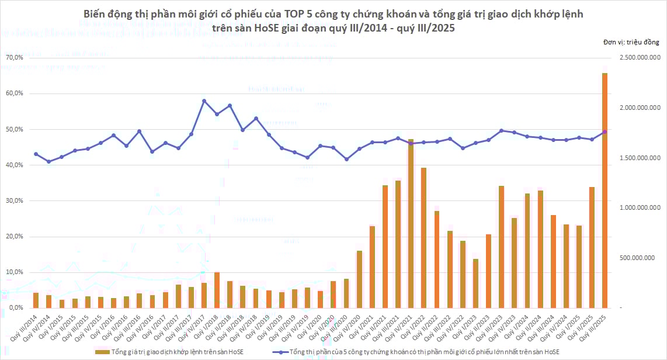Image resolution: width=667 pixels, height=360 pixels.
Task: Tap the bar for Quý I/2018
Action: [217, 290]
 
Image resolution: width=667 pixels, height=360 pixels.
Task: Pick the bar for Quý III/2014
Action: [36, 300]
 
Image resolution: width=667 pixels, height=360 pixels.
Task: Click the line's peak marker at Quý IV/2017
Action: [204, 101]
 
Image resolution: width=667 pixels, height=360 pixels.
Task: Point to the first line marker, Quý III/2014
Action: [36, 154]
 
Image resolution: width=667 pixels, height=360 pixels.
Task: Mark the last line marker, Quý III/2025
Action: [605, 132]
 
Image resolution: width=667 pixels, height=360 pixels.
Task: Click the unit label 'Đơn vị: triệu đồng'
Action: [631, 42]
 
